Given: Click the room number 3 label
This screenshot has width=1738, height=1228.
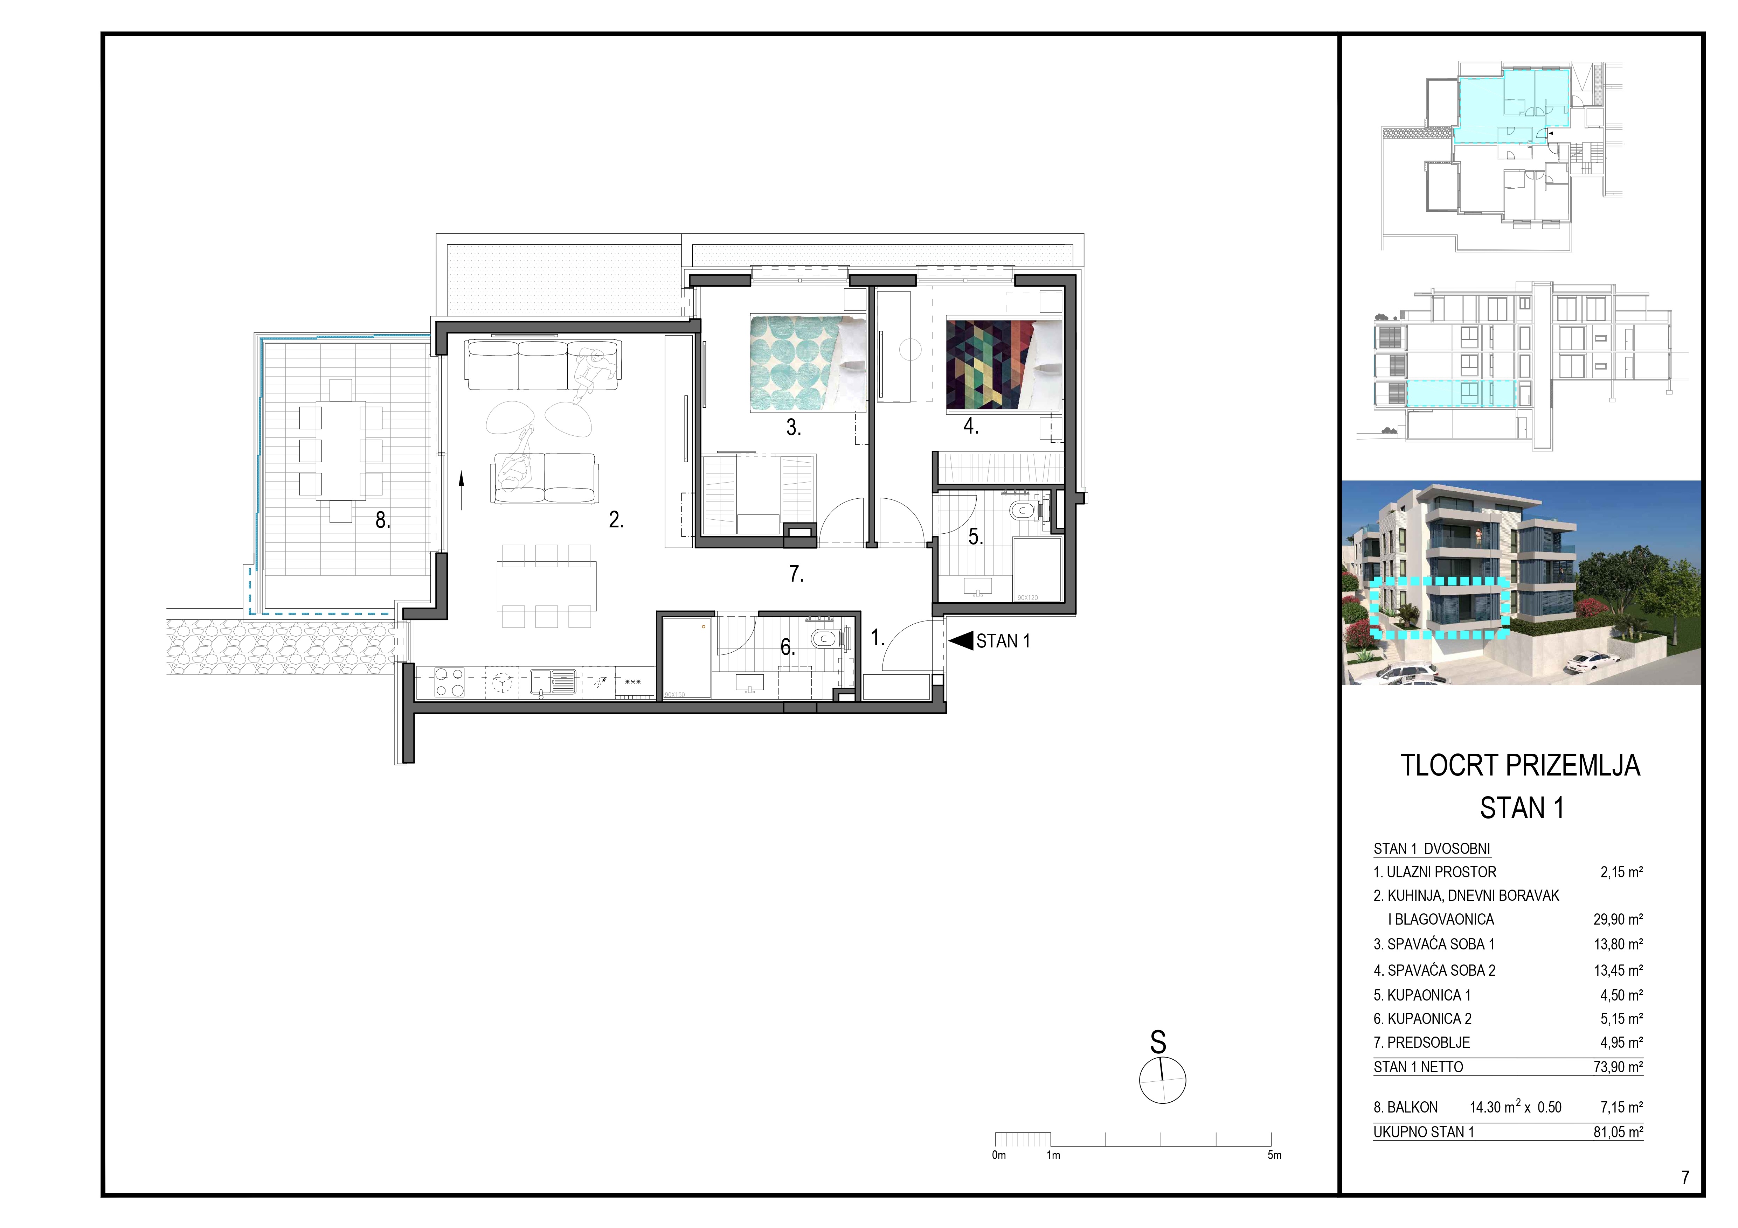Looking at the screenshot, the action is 792,428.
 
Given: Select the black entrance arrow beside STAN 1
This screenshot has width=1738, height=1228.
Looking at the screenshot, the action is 961,641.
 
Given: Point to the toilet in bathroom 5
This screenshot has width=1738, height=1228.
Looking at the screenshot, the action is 1024,511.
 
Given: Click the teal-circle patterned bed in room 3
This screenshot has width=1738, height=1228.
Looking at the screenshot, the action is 808,363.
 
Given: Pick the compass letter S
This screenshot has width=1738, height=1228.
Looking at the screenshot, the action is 1157,1043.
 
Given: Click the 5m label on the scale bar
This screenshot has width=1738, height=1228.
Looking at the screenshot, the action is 1275,1155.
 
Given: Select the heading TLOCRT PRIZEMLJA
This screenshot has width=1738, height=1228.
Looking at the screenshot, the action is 1520,766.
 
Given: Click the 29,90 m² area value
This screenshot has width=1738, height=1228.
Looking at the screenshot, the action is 1618,919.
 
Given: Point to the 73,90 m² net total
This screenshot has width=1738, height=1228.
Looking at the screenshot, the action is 1618,1067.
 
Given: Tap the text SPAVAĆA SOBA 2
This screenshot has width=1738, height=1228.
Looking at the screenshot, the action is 1441,970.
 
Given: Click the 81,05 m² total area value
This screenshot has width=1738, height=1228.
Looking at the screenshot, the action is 1618,1132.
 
